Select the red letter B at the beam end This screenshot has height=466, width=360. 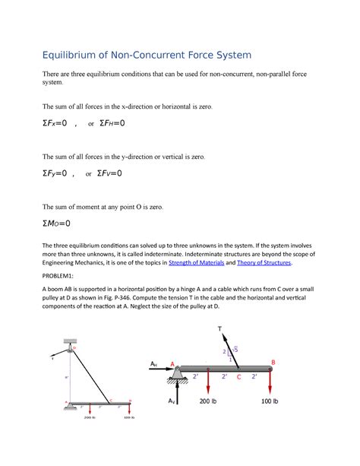point(274,362)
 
